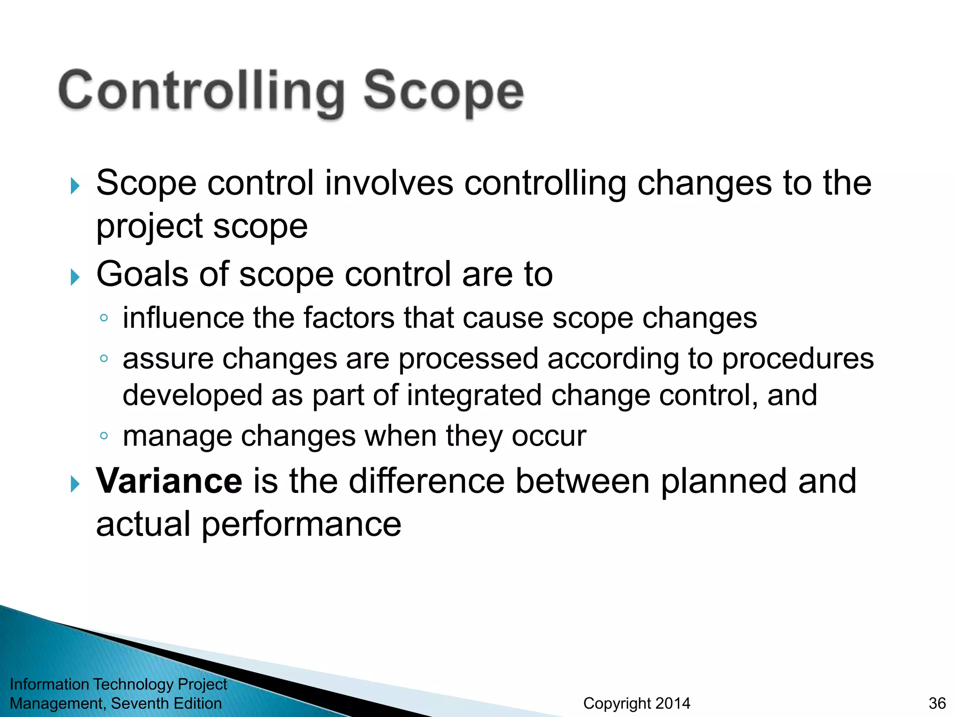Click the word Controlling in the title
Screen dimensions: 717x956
201,91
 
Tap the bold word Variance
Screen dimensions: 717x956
169,481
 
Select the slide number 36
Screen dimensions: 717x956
937,703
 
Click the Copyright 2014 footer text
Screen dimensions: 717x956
637,703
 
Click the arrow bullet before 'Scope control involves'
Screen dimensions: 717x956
75,186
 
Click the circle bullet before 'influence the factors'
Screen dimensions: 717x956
104,318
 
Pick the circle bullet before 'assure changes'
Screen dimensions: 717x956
104,359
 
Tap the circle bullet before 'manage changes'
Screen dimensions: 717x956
104,436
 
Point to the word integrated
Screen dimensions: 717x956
474,395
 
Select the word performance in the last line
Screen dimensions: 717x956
301,524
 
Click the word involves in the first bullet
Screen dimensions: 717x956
389,183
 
